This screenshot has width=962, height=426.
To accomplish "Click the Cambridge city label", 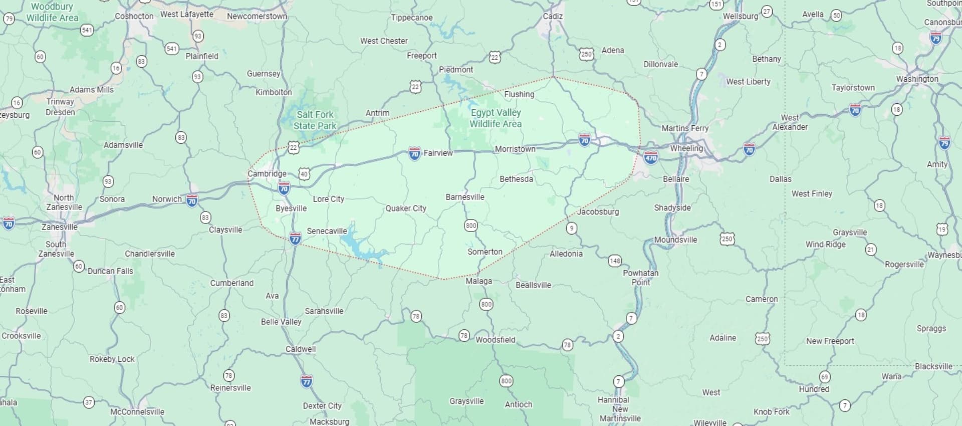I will (267, 174).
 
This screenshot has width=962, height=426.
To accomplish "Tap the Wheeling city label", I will (686, 148).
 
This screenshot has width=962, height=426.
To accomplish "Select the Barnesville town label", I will (464, 197).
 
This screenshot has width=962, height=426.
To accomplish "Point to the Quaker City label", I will (405, 208).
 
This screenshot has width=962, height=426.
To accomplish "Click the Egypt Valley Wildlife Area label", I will (496, 118).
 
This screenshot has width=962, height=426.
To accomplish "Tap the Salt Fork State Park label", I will (315, 120).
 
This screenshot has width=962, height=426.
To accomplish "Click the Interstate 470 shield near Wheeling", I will (650, 158).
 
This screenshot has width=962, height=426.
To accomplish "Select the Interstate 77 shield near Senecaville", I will (295, 238).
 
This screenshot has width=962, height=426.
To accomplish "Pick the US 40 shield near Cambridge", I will (304, 174).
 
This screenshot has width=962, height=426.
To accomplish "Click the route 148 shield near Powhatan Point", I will (615, 261).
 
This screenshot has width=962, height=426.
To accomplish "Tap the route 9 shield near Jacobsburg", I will (571, 228).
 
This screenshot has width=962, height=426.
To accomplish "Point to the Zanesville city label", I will (59, 227).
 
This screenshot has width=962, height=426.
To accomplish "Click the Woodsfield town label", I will (495, 340).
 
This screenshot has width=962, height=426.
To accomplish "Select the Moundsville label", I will (675, 240).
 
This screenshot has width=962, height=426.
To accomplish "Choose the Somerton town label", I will (485, 252).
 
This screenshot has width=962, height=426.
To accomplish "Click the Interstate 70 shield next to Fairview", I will (414, 153).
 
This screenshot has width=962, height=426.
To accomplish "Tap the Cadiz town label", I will (553, 17).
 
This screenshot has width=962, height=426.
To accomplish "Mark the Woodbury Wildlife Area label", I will (52, 13).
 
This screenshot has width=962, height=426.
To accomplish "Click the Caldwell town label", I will (301, 349).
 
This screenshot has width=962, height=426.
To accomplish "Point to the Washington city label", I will (917, 79).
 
